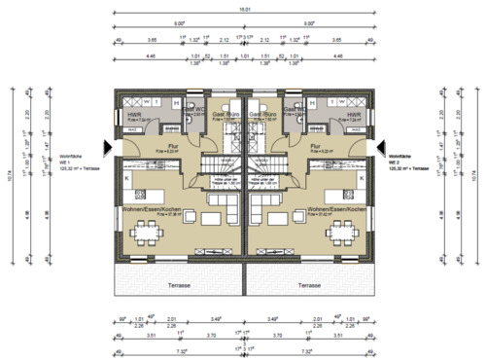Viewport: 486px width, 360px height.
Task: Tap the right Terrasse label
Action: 310,286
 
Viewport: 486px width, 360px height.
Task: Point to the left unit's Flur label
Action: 171,148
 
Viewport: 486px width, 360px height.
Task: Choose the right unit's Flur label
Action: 315,148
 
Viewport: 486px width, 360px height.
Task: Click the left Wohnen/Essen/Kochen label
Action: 155,209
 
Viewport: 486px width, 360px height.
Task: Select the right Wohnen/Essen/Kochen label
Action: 333,209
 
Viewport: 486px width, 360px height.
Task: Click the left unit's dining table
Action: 146,231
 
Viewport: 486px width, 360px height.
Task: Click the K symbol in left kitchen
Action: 126,178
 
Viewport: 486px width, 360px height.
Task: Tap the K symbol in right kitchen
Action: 361,178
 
